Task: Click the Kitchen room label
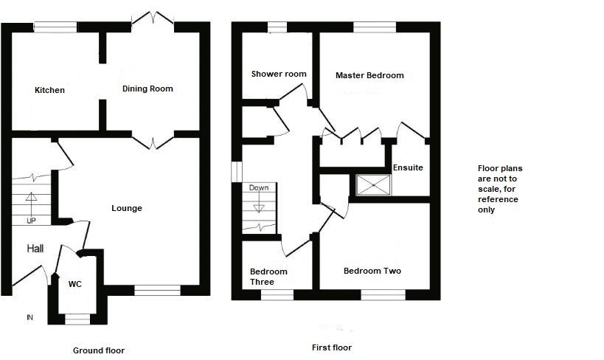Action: pyautogui.click(x=49, y=91)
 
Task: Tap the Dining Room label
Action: pyautogui.click(x=147, y=89)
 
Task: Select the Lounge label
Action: pyautogui.click(x=127, y=208)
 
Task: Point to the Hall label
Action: pyautogui.click(x=35, y=249)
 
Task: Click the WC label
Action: pyautogui.click(x=74, y=284)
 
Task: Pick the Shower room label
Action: pyautogui.click(x=279, y=74)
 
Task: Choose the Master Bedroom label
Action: pyautogui.click(x=369, y=75)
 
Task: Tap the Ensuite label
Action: pyautogui.click(x=408, y=167)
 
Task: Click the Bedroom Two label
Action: pyautogui.click(x=372, y=271)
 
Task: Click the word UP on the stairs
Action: pyautogui.click(x=31, y=220)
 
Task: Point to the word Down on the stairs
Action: pyautogui.click(x=258, y=187)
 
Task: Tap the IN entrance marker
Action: pyautogui.click(x=29, y=318)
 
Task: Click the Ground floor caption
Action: pyautogui.click(x=99, y=350)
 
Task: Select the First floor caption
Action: pyautogui.click(x=333, y=347)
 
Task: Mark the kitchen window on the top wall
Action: pyautogui.click(x=55, y=27)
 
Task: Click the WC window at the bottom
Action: pyautogui.click(x=77, y=319)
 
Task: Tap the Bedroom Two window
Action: pyautogui.click(x=383, y=294)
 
